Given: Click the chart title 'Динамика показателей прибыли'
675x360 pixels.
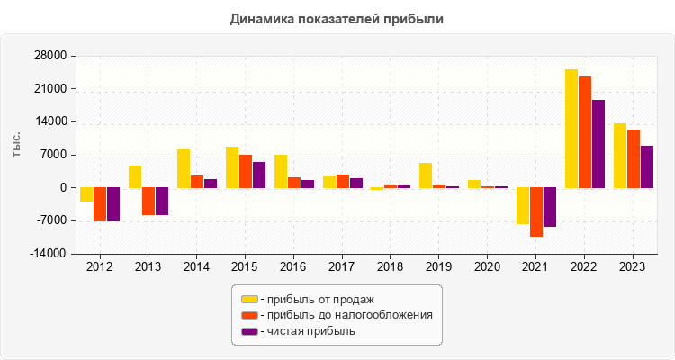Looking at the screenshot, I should click(337, 19).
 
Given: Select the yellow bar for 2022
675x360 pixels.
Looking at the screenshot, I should click(571, 129).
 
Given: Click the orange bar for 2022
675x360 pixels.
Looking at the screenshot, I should click(585, 132).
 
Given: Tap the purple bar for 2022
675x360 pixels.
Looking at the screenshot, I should click(598, 144).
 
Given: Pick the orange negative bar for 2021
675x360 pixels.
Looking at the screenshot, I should click(536, 211).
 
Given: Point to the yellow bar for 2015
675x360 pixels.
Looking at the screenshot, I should click(232, 167).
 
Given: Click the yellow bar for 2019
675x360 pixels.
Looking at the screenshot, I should click(426, 175).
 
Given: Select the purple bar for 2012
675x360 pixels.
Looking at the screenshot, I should click(113, 204).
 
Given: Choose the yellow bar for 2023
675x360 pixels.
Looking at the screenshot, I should click(620, 156).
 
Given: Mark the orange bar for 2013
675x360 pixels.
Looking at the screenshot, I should click(148, 202).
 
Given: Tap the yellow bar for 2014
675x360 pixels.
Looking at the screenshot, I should click(184, 168).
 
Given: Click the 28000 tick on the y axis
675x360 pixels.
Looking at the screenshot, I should click(51, 57).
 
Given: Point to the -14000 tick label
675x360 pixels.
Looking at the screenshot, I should click(49, 254).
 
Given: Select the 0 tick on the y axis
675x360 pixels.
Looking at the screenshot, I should click(63, 188).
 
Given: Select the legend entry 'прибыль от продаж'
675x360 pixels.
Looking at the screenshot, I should click(316, 299).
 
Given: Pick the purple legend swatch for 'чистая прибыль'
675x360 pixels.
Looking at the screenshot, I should click(249, 331).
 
